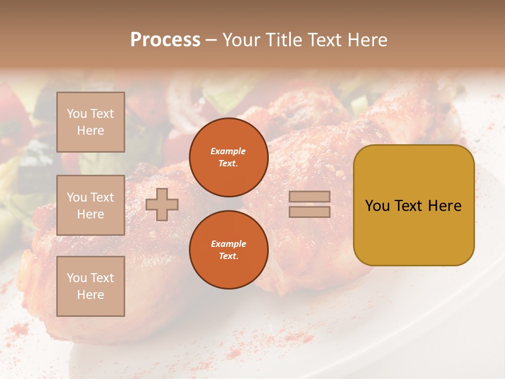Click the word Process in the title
pos(165,40)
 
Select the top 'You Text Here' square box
pos(90,122)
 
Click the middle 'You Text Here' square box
pos(90,205)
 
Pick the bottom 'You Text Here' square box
pos(90,286)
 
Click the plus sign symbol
pos(161,204)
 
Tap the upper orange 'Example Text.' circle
pos(228,157)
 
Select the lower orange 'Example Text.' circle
pos(228,250)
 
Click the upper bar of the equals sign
pos(310,196)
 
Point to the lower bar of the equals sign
pos(310,212)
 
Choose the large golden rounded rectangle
pos(413,205)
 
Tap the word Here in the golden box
pos(445,205)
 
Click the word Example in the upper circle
pos(228,151)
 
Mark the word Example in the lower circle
pos(228,244)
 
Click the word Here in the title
pos(366,40)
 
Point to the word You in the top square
pos(76,114)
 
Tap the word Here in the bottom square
pos(90,295)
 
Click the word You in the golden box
pos(377,205)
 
